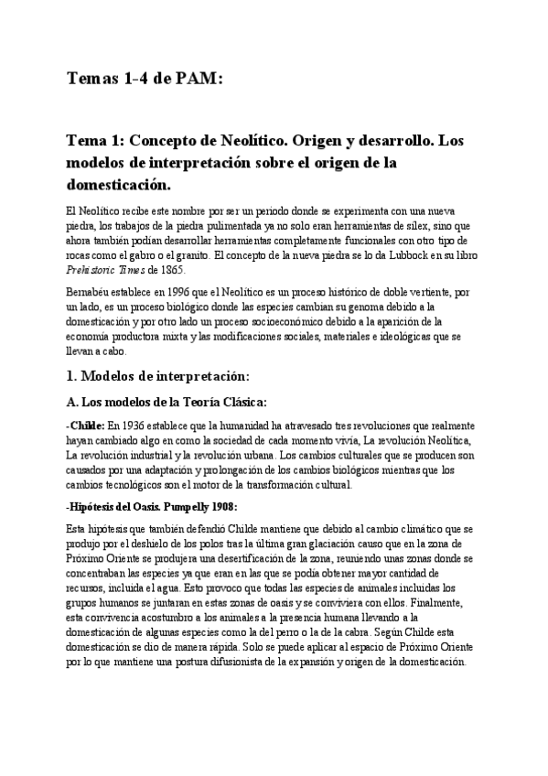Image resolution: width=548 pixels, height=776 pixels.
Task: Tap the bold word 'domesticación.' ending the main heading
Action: [118, 184]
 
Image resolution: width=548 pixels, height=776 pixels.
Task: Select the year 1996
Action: [195, 291]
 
